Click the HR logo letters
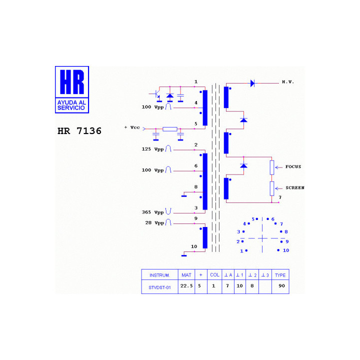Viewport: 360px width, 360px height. pyautogui.click(x=72, y=82)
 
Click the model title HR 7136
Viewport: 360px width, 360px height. pyautogui.click(x=79, y=131)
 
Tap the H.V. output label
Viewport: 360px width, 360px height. pyautogui.click(x=288, y=82)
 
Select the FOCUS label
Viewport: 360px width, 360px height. pyautogui.click(x=293, y=166)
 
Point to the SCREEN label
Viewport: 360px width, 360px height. pyautogui.click(x=295, y=188)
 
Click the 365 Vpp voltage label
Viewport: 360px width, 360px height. pyautogui.click(x=152, y=212)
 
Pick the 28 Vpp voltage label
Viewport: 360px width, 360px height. pyautogui.click(x=154, y=223)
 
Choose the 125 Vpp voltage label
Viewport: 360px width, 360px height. pyautogui.click(x=152, y=149)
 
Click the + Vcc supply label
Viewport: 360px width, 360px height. pyautogui.click(x=132, y=127)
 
